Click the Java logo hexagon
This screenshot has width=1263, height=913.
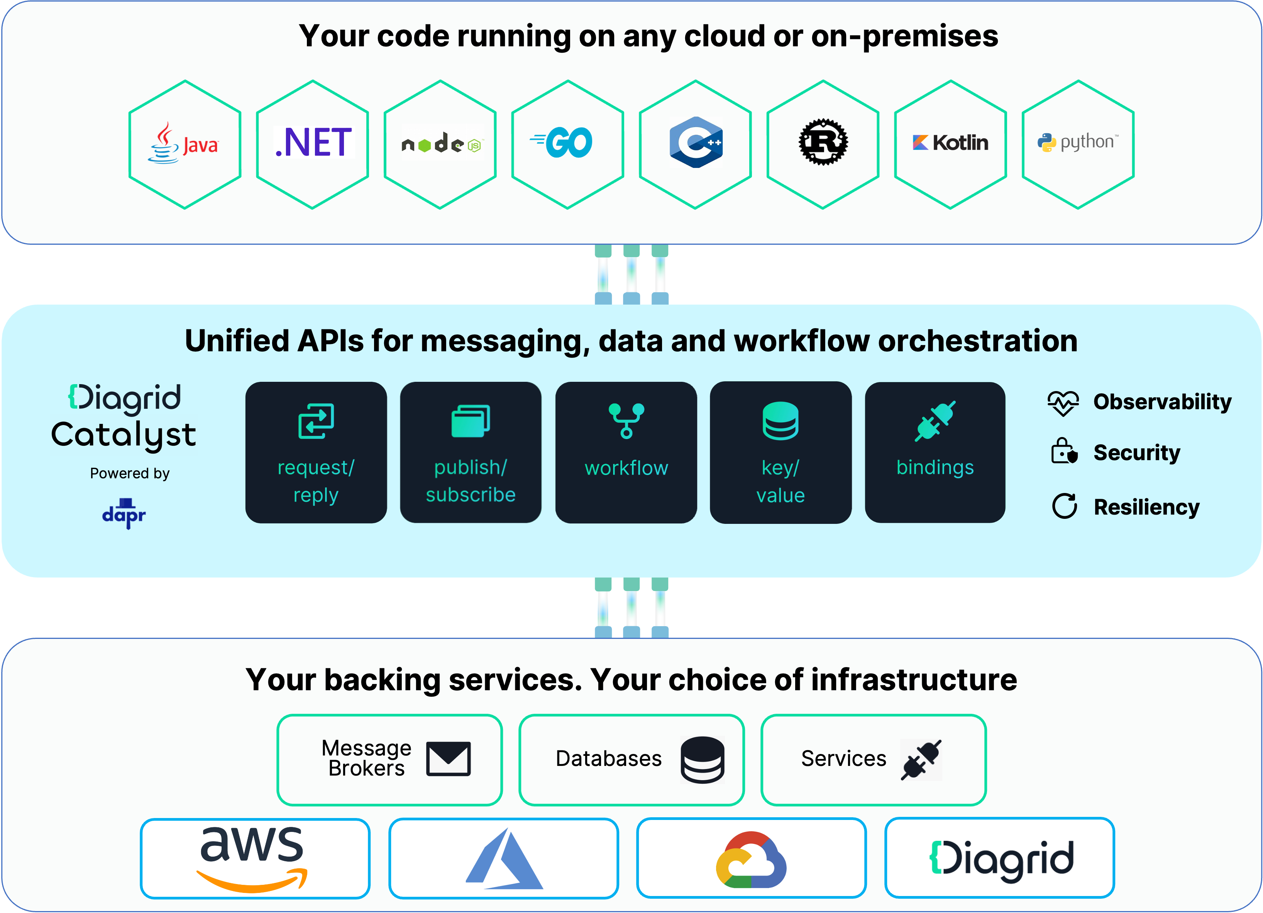(x=185, y=144)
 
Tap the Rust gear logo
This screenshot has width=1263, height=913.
(x=823, y=142)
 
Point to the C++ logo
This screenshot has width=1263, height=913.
(x=696, y=142)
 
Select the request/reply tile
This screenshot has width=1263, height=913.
(x=316, y=452)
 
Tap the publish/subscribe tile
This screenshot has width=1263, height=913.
(x=471, y=452)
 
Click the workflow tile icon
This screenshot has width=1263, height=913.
(x=626, y=420)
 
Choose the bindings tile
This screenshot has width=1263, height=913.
(x=935, y=452)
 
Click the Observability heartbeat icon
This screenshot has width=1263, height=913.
(x=1063, y=403)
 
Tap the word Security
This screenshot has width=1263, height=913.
(x=1137, y=452)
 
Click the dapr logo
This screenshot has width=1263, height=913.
(x=124, y=513)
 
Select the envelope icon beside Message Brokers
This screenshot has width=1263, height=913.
(x=448, y=759)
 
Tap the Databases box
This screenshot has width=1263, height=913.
(x=631, y=760)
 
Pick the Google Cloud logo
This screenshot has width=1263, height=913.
(x=751, y=859)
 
